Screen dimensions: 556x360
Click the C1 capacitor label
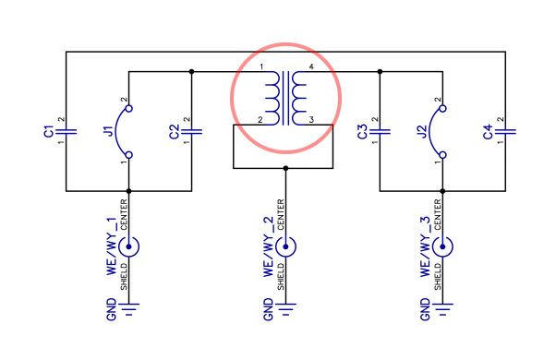pyautogui.click(x=48, y=131)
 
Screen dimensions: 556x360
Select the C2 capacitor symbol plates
pyautogui.click(x=191, y=132)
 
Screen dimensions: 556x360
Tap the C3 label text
pyautogui.click(x=362, y=132)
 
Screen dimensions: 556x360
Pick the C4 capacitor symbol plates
pyautogui.click(x=505, y=132)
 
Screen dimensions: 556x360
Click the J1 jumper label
pyautogui.click(x=111, y=131)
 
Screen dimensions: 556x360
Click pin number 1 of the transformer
pyautogui.click(x=261, y=66)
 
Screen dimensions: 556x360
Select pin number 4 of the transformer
pyautogui.click(x=311, y=66)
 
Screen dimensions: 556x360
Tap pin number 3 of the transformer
pyautogui.click(x=311, y=120)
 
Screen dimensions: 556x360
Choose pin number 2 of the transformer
pyautogui.click(x=260, y=120)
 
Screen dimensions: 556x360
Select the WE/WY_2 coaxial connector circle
pyautogui.click(x=285, y=247)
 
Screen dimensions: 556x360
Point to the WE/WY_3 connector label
pyautogui.click(x=425, y=246)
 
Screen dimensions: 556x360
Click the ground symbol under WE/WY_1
pyautogui.click(x=128, y=309)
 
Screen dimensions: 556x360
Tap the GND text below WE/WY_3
pyautogui.click(x=425, y=309)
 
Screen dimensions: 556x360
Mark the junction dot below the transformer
pyautogui.click(x=285, y=168)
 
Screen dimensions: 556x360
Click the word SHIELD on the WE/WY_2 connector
pyautogui.click(x=281, y=277)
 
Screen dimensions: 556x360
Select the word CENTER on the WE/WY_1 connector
pyautogui.click(x=124, y=214)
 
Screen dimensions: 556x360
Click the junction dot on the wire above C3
pyautogui.click(x=380, y=72)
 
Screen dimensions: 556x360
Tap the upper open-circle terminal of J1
pyautogui.click(x=129, y=108)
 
